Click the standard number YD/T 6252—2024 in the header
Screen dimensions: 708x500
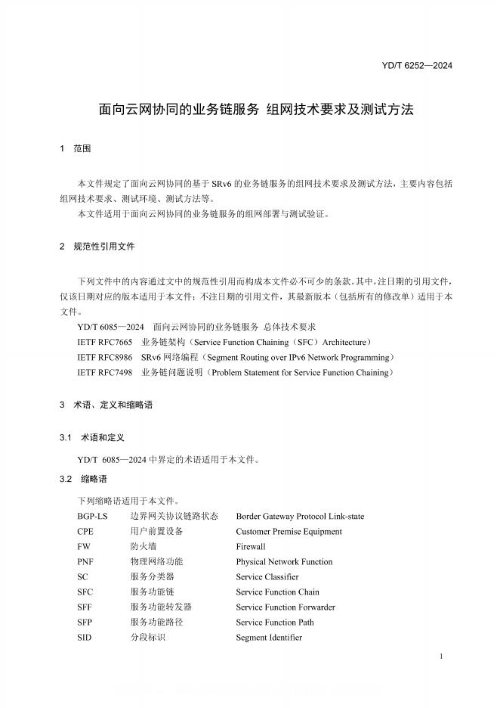pyautogui.click(x=417, y=65)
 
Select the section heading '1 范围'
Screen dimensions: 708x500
pyautogui.click(x=75, y=149)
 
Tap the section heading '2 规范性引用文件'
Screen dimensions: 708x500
pyautogui.click(x=97, y=247)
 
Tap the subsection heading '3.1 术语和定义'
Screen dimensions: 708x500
pyautogui.click(x=91, y=438)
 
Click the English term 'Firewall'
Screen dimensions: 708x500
pyautogui.click(x=251, y=546)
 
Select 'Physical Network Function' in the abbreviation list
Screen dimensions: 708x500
pyautogui.click(x=284, y=561)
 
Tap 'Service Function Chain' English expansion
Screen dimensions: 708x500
pyautogui.click(x=277, y=592)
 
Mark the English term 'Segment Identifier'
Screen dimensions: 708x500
pyautogui.click(x=269, y=637)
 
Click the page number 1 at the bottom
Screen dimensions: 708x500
pyautogui.click(x=440, y=658)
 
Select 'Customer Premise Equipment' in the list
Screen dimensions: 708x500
pyautogui.click(x=289, y=531)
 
